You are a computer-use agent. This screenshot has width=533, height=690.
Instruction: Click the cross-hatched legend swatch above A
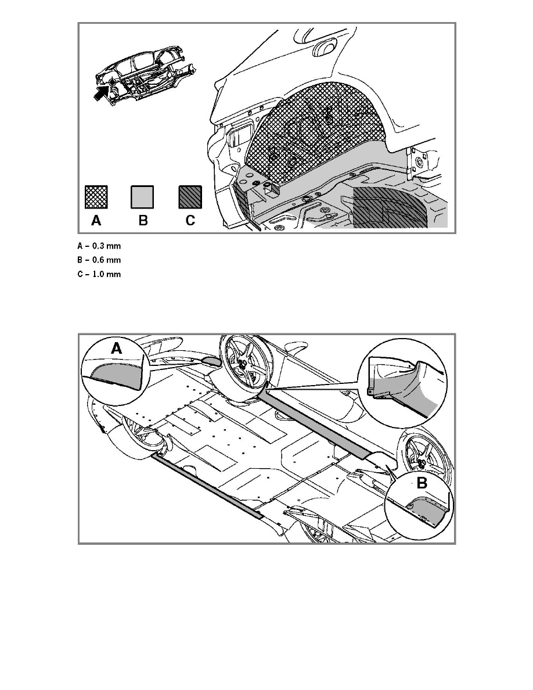pyautogui.click(x=96, y=197)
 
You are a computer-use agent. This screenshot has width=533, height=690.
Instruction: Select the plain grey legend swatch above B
pyautogui.click(x=142, y=197)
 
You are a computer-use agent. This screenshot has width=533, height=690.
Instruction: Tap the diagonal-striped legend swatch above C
pyautogui.click(x=190, y=197)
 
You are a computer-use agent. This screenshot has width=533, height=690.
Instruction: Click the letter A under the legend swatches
pyautogui.click(x=96, y=220)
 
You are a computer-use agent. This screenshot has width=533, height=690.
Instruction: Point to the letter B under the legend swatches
pyautogui.click(x=143, y=220)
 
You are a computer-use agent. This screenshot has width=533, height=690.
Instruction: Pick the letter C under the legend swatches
pyautogui.click(x=190, y=220)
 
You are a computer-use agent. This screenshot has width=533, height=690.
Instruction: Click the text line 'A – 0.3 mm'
pyautogui.click(x=99, y=246)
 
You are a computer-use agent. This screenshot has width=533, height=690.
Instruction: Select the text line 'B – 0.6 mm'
pyautogui.click(x=99, y=260)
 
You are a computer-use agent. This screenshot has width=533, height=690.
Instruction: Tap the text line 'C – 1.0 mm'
pyautogui.click(x=99, y=274)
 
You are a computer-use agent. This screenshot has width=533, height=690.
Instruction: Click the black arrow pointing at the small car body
pyautogui.click(x=102, y=92)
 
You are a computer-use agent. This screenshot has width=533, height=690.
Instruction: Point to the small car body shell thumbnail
pyautogui.click(x=145, y=75)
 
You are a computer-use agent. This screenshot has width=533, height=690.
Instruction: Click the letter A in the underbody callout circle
pyautogui.click(x=116, y=348)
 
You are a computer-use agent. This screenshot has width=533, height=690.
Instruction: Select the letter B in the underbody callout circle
pyautogui.click(x=422, y=483)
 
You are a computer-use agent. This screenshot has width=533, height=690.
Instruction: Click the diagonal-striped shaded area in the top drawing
pyautogui.click(x=389, y=208)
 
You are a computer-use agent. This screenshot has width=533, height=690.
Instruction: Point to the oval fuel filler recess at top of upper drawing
pyautogui.click(x=325, y=48)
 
